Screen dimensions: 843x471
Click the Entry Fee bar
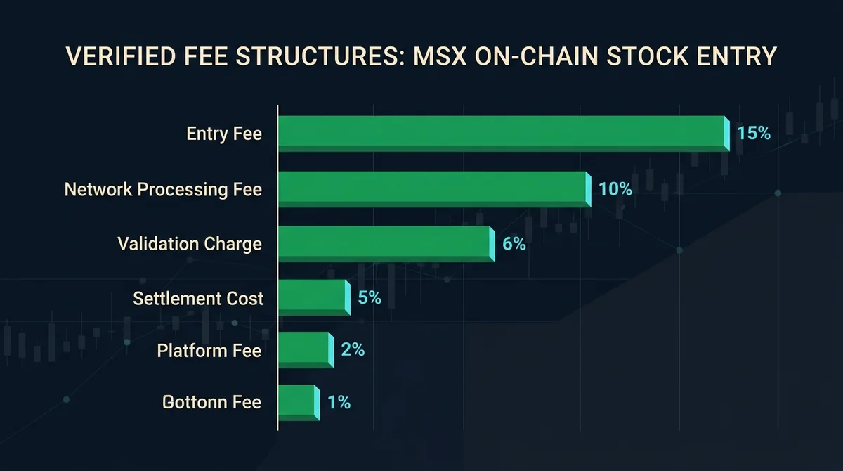click(x=504, y=134)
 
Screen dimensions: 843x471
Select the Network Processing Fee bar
click(x=435, y=189)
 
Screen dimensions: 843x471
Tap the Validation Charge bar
click(x=386, y=244)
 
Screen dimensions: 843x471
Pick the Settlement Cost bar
click(x=314, y=297)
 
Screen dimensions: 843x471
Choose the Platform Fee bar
click(x=306, y=350)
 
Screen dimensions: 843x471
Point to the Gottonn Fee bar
click(x=299, y=403)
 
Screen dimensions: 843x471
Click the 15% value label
click(x=754, y=134)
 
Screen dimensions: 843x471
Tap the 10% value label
click(x=615, y=189)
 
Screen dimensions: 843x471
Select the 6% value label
click(x=514, y=244)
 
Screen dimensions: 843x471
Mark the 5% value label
click(x=370, y=298)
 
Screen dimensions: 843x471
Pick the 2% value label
click(x=353, y=350)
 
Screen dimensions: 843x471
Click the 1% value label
click(x=339, y=403)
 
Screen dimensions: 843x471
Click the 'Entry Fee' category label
click(x=224, y=134)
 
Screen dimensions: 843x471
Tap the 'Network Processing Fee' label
click(x=163, y=189)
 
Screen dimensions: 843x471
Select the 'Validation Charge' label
click(x=190, y=244)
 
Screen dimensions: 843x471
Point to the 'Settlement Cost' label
click(x=198, y=299)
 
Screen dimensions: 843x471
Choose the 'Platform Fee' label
click(x=209, y=351)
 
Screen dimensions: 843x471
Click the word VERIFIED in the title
click(x=121, y=56)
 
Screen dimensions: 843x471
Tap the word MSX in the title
click(x=440, y=56)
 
